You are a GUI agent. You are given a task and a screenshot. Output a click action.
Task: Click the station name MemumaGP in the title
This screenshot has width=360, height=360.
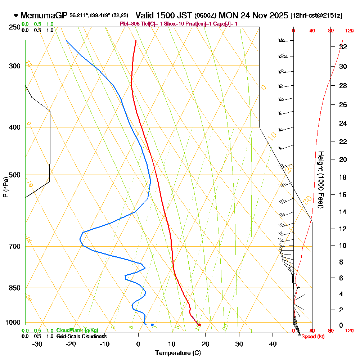[44, 15]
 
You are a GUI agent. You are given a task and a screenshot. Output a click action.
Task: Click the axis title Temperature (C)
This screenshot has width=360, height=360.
[178, 353]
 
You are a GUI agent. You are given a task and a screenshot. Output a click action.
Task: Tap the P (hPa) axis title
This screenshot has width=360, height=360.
[5, 187]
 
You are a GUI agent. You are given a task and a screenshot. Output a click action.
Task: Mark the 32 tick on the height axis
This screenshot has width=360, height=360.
[343, 46]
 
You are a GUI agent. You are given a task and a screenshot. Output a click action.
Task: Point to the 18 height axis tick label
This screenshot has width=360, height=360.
[343, 177]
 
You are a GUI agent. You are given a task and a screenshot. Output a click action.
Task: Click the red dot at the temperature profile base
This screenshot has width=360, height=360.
[199, 325]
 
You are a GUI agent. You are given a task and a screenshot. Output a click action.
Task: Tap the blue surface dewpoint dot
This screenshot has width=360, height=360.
[152, 325]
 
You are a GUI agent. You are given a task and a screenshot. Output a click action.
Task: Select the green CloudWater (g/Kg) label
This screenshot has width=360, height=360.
[77, 330]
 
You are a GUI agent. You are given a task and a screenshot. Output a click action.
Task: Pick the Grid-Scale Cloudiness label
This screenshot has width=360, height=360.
[81, 336]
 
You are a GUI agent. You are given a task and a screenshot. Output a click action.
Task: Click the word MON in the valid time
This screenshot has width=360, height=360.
[226, 15]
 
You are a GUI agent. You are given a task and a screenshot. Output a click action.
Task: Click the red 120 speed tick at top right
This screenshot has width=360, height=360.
[349, 31]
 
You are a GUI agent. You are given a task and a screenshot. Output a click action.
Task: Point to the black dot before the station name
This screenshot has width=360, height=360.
[16, 15]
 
